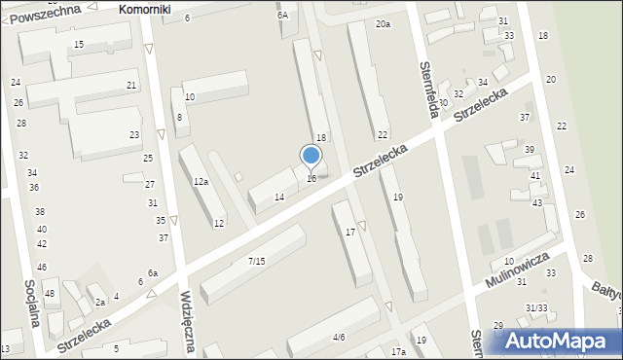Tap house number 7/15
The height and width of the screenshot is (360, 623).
256,261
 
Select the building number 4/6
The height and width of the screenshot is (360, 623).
339,338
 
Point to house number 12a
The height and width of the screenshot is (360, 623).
201,182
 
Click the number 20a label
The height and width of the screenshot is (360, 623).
383,23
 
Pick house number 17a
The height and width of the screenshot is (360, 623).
398,351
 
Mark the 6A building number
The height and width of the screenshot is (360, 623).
282,16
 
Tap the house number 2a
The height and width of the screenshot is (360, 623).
100,303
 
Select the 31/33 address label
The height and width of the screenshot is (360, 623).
536,308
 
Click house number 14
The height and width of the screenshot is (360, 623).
279,198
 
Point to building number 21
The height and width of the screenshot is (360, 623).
131,86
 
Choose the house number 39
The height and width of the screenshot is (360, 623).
530,149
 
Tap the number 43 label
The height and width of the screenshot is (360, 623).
537,202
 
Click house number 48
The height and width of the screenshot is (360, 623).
50,294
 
